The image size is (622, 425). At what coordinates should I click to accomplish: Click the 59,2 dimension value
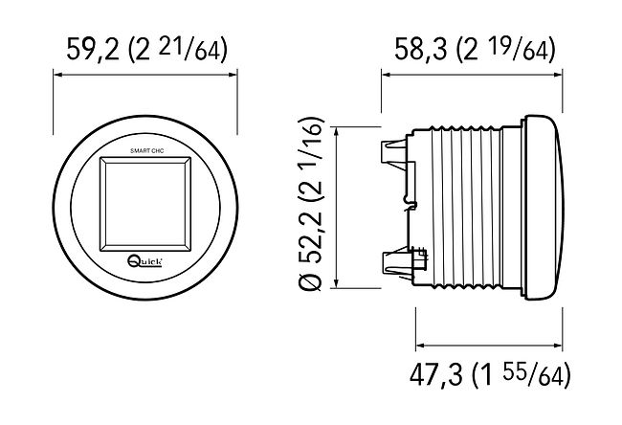pyautogui.click(x=93, y=49)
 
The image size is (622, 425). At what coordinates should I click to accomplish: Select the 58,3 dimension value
pyautogui.click(x=421, y=49)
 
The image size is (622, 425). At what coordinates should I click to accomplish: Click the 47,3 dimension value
pyautogui.click(x=436, y=374)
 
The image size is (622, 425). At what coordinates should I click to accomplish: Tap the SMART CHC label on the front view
pyautogui.click(x=146, y=151)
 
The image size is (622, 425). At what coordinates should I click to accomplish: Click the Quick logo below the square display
pyautogui.click(x=144, y=260)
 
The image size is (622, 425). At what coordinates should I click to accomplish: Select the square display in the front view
pyautogui.click(x=145, y=204)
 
